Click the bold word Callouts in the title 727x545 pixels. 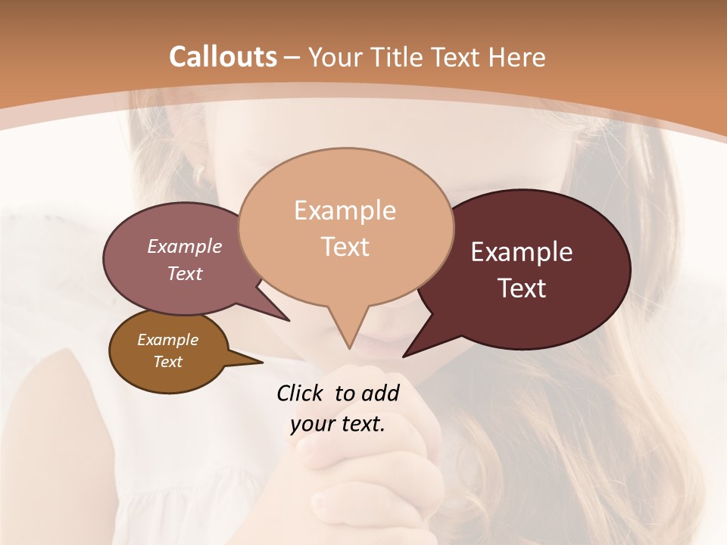click(223, 57)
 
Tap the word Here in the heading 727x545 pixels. click(517, 58)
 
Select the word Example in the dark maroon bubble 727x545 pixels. click(522, 252)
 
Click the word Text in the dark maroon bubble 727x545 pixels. click(522, 288)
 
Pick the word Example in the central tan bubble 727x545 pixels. click(345, 210)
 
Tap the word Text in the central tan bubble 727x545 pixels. click(345, 247)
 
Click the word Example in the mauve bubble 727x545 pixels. click(184, 247)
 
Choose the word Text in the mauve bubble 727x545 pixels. click(184, 273)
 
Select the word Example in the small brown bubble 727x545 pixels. click(167, 340)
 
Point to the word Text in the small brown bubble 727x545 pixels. click(167, 362)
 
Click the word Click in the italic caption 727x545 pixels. click(301, 393)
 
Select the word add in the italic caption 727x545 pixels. click(380, 393)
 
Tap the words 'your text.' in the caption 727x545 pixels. click(338, 424)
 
